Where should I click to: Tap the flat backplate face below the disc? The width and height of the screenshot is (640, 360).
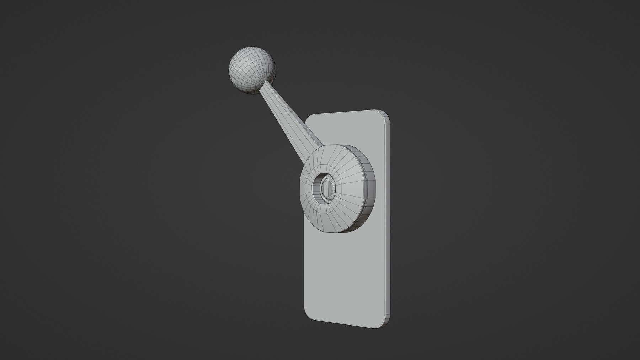[x=347, y=270]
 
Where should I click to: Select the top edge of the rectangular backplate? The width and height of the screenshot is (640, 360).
[x=348, y=112]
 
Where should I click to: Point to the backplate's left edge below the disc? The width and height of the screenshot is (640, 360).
[x=305, y=267]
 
